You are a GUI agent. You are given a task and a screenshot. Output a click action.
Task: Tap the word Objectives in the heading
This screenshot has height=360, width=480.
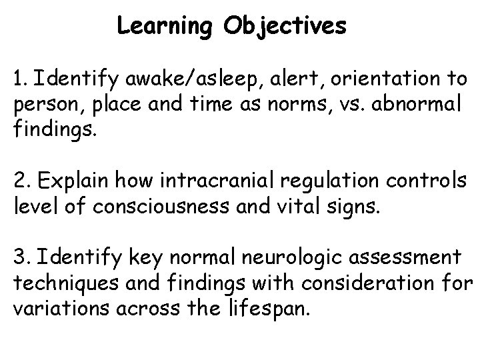(285, 27)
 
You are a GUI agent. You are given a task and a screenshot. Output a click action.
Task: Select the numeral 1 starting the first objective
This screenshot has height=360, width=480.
(16, 80)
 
